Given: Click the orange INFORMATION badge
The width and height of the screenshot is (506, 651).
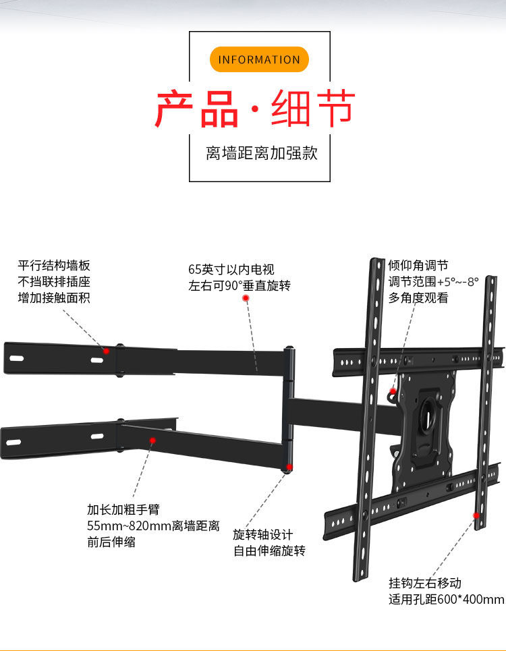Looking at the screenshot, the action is [x=259, y=59].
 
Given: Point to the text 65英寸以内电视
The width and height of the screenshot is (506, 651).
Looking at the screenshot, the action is [x=231, y=270].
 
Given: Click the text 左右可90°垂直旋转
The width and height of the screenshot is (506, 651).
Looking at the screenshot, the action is [x=239, y=285].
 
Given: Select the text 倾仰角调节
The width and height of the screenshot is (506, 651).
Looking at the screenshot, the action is [x=418, y=266].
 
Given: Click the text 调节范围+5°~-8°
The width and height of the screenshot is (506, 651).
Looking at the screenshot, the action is [x=433, y=282].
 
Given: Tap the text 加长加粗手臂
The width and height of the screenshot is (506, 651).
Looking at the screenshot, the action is [x=123, y=509].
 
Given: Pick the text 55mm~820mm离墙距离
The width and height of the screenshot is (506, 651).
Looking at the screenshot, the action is [x=153, y=526].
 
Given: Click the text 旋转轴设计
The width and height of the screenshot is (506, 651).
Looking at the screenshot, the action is [x=263, y=534].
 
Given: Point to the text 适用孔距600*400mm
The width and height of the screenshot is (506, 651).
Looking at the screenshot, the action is [x=446, y=599].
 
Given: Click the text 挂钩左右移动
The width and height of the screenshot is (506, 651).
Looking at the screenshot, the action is [x=424, y=583].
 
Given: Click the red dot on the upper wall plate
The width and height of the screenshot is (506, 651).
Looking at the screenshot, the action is [x=106, y=351].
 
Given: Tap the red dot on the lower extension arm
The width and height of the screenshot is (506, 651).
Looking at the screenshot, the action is [x=152, y=440].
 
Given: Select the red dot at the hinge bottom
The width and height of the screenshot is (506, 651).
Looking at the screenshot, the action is [x=289, y=467].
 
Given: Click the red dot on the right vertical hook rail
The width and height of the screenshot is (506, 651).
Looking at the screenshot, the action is [x=476, y=515].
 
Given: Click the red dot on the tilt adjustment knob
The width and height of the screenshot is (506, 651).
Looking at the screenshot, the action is [x=393, y=391].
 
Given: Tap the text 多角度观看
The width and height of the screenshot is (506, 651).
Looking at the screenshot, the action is [x=418, y=298].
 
